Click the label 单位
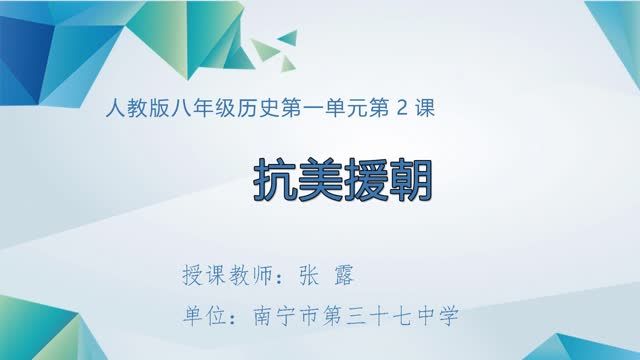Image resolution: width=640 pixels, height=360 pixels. coord(197,318)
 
